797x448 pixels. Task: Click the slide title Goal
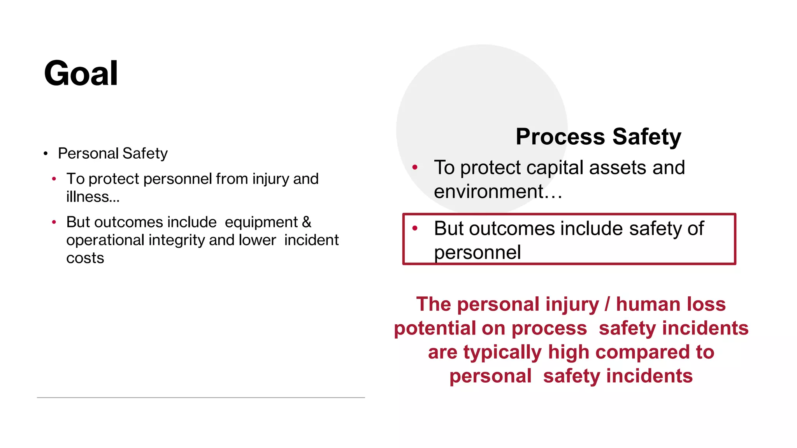(81, 73)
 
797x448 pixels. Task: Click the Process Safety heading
(598, 137)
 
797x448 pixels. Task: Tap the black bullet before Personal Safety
(46, 154)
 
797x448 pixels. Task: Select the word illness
(88, 197)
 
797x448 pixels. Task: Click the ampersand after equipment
(306, 222)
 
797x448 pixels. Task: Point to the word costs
(85, 258)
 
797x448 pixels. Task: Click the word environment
(488, 192)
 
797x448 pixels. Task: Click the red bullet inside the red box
(415, 228)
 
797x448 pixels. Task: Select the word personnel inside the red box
(477, 252)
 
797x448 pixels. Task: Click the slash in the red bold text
(607, 304)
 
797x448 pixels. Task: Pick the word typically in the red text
(502, 352)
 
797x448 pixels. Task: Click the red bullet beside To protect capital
(415, 168)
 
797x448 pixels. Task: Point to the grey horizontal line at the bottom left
(201, 397)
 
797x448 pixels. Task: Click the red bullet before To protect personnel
(54, 179)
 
